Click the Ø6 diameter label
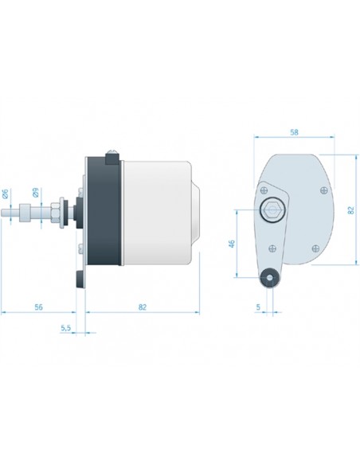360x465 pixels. click(x=6, y=194)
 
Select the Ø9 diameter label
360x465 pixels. click(x=35, y=193)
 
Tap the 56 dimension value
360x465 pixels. click(x=38, y=307)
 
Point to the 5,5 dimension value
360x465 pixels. click(x=66, y=328)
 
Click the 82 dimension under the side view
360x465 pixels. click(x=143, y=307)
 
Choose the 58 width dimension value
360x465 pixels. click(x=294, y=132)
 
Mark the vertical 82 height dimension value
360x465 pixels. click(x=350, y=210)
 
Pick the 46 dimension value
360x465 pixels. click(x=232, y=244)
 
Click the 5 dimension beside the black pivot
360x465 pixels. click(x=258, y=307)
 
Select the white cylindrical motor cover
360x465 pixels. click(x=156, y=213)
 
